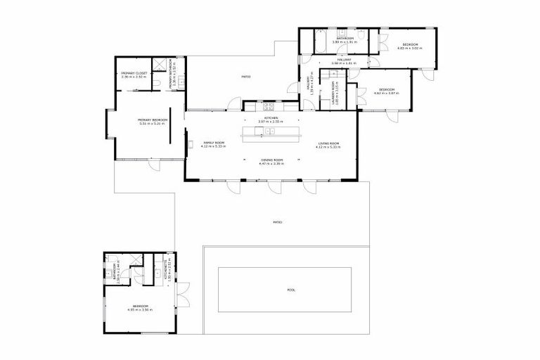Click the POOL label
pos(292,289)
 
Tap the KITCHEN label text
pos(271,117)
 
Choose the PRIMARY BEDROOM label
pos(152,120)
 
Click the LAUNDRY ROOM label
pos(337,93)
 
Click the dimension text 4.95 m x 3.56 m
pos(141,309)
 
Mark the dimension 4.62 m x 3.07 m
pos(388,93)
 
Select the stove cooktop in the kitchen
pos(268,106)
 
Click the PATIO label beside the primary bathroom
pos(246,77)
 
